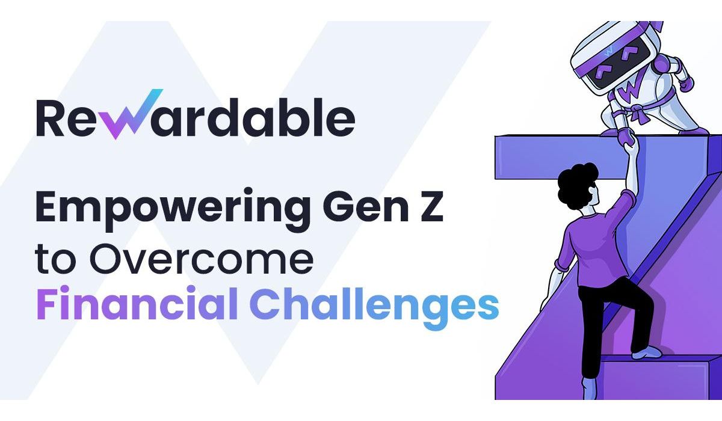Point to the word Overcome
(201, 259)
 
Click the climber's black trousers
(612, 325)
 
